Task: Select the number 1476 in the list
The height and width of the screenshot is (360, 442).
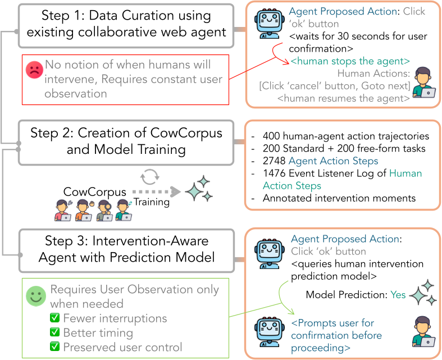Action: tap(272, 174)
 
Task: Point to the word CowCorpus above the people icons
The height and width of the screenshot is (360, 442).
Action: tap(95, 193)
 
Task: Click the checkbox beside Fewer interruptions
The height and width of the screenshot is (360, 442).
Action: tap(55, 318)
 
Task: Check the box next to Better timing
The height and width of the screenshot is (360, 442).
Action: tap(55, 332)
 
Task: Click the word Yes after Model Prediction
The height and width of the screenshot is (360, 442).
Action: tap(398, 295)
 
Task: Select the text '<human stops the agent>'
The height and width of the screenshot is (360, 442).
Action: tap(350, 61)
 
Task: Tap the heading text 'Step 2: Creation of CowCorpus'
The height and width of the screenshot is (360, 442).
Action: tap(126, 133)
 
